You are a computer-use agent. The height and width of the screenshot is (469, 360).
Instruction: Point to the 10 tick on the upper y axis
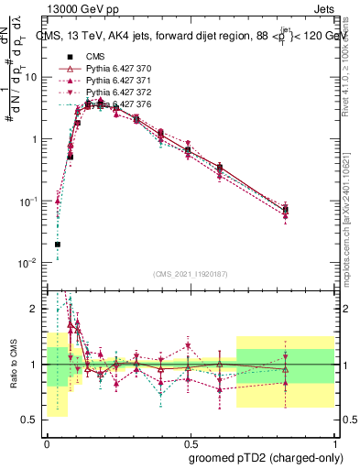[x=33, y=77]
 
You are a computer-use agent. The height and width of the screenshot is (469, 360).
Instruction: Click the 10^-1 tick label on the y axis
[x=30, y=201]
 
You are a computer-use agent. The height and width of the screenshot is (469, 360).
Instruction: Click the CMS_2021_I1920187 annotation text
[x=191, y=274]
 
